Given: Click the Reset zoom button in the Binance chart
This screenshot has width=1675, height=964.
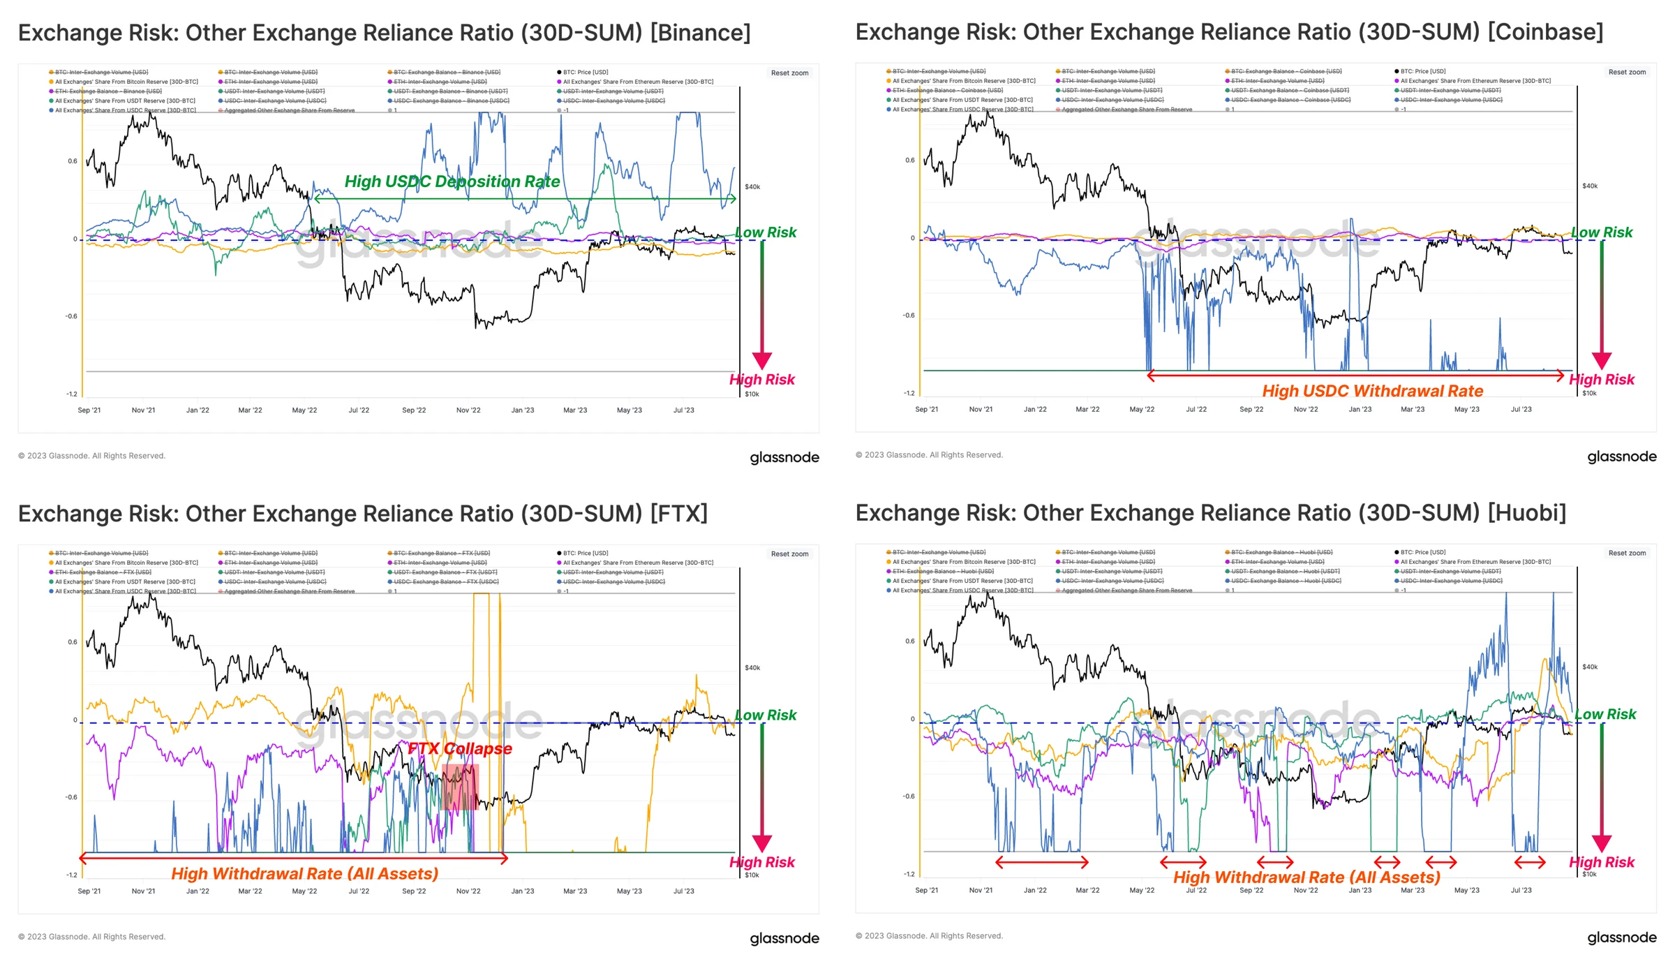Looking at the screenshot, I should click(789, 73).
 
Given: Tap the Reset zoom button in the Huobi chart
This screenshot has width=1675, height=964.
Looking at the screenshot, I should click(1627, 553).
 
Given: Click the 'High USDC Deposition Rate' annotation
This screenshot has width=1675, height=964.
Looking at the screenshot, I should click(452, 181).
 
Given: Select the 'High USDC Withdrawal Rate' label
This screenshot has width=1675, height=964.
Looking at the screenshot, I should click(1372, 391).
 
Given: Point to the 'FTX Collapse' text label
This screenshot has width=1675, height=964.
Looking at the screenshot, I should click(459, 748).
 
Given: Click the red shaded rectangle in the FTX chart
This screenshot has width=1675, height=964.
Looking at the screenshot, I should click(459, 787).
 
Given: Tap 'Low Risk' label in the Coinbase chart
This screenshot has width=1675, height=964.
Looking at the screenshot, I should click(1602, 232).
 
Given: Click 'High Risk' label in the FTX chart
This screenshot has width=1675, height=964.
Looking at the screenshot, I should click(761, 862).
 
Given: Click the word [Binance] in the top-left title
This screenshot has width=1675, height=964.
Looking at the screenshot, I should click(700, 33).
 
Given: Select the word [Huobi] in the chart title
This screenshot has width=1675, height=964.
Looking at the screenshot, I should click(1527, 513).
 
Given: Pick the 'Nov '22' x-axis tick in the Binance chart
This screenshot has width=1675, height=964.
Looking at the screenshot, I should click(468, 410).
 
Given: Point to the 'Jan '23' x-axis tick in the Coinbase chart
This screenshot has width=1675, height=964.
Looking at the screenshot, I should click(1360, 410).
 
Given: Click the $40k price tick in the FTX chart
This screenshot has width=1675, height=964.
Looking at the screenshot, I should click(752, 668).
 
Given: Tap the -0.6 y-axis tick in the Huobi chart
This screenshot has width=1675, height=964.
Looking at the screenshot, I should click(908, 796).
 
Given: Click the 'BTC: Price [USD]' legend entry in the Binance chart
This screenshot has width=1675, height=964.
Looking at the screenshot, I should click(585, 72).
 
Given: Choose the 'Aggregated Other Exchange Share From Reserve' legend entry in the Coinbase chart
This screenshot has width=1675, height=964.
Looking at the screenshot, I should click(1126, 110).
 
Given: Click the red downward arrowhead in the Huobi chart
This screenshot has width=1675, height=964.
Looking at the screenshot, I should click(1601, 844).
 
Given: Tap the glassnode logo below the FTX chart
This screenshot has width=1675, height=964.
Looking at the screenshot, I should click(784, 938).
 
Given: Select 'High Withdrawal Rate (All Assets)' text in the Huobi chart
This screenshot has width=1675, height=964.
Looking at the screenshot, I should click(1306, 877).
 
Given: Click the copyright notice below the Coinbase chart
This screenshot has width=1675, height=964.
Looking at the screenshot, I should click(929, 455).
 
